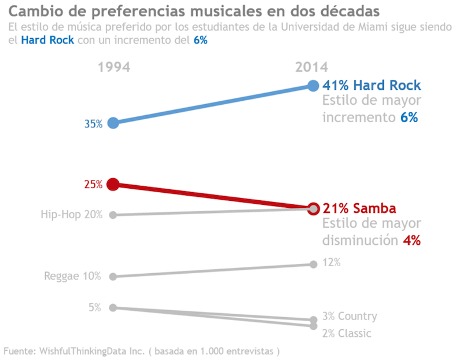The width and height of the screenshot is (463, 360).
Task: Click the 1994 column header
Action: coord(114,67)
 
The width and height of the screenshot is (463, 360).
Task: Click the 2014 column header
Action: coord(311,67)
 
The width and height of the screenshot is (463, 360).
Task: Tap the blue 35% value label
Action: coord(93,124)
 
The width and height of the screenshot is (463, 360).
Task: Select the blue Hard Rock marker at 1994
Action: coord(113,123)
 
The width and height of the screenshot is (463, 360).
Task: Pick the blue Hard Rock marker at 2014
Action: coord(313,86)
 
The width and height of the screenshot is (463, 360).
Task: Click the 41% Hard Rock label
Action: coord(372,86)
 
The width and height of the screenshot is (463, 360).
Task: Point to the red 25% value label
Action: coord(93,185)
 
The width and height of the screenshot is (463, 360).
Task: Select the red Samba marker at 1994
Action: coord(113,185)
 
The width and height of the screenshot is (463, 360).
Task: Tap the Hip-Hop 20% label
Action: coord(72,215)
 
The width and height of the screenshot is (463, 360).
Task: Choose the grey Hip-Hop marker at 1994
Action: coord(113,215)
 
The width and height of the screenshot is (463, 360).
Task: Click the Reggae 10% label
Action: coord(73,276)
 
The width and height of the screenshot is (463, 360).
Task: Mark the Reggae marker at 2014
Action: coord(313,265)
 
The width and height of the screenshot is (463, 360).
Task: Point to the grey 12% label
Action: coord(331,263)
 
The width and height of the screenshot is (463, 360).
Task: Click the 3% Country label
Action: coord(350,316)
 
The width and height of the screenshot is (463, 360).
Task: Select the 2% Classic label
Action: coord(347,333)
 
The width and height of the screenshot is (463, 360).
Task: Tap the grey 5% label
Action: coord(95,307)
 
